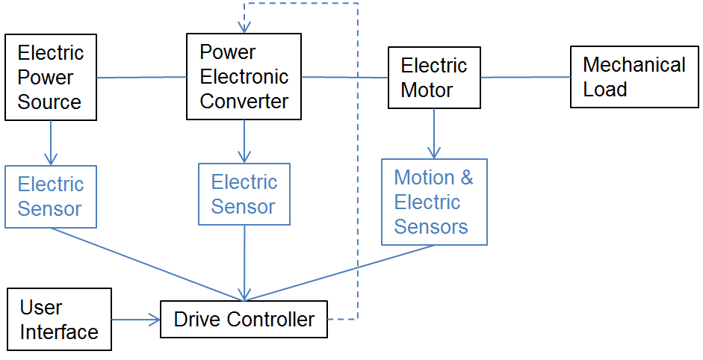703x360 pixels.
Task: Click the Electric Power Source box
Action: click(x=51, y=77)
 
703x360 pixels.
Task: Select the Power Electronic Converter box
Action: click(x=244, y=76)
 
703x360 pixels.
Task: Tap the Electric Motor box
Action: click(x=434, y=77)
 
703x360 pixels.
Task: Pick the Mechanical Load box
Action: click(x=634, y=77)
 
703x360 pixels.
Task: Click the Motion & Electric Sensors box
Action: click(x=434, y=202)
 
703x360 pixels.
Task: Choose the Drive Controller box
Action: click(x=244, y=320)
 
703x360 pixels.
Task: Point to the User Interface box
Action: click(x=58, y=320)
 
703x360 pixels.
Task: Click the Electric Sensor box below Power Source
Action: click(x=51, y=196)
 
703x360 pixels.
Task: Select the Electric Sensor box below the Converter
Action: click(x=244, y=194)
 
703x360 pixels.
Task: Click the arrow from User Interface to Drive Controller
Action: click(x=136, y=320)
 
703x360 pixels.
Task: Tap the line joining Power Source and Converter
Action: click(x=141, y=77)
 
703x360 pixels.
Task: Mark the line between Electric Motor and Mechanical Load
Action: click(x=525, y=77)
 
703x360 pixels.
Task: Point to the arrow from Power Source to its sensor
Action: click(x=51, y=142)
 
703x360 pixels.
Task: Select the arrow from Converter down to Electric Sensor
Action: click(x=244, y=141)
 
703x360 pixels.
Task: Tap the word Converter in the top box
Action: click(x=244, y=101)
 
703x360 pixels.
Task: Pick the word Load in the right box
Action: click(x=605, y=89)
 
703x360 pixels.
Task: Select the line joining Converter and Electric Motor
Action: click(x=344, y=77)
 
